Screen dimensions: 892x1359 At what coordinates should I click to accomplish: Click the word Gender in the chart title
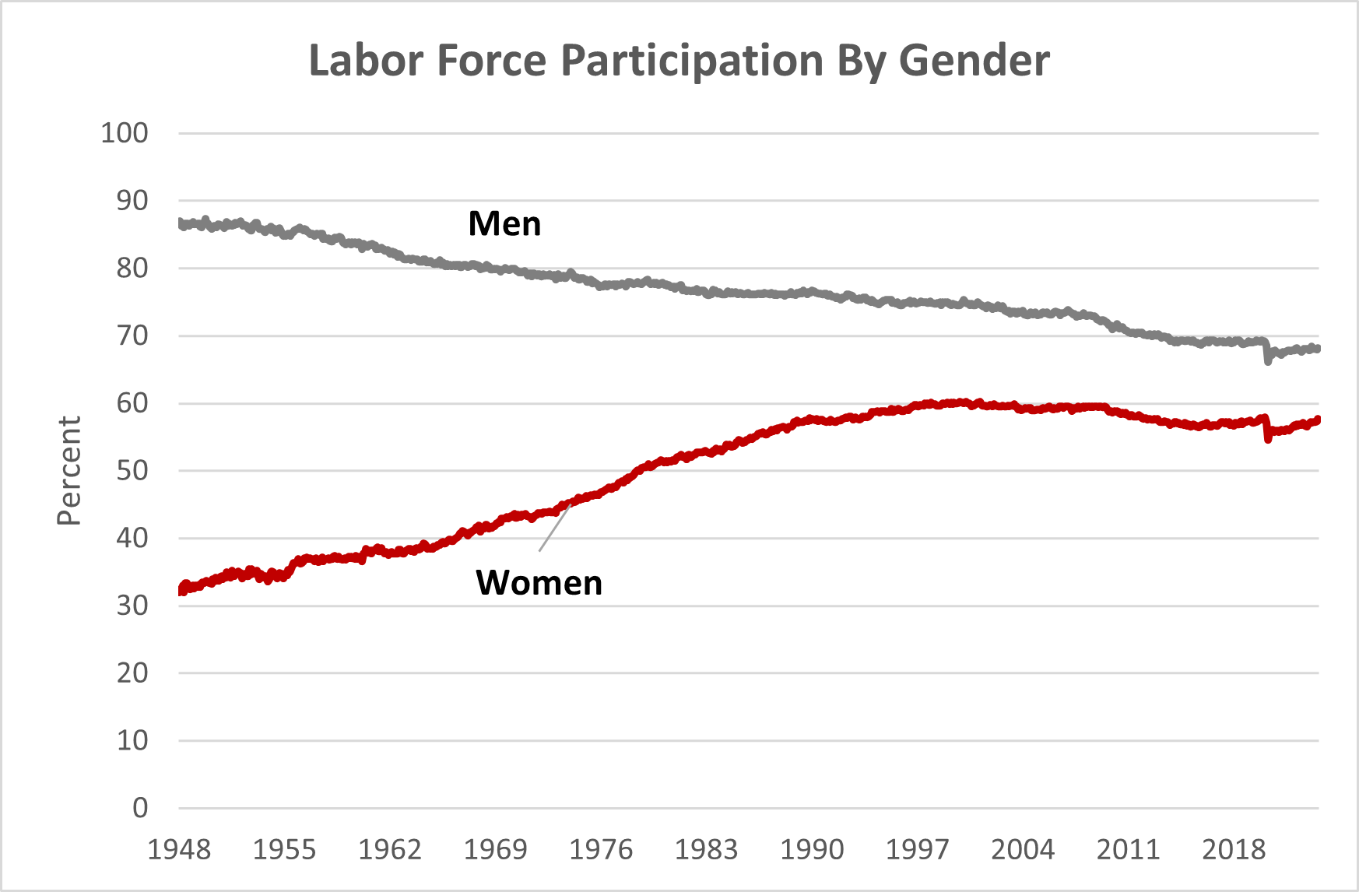tap(974, 61)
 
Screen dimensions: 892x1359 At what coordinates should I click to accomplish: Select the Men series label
tap(504, 224)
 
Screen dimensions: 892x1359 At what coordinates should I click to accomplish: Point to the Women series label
tap(539, 583)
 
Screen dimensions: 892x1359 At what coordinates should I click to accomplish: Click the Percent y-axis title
tap(69, 471)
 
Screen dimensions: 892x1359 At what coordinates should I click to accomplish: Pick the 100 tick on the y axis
tap(125, 133)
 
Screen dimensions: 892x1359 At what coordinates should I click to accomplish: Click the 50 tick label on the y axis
tap(132, 471)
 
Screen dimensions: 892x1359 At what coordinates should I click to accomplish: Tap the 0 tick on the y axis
tap(140, 808)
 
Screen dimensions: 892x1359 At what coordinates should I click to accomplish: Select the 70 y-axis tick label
tap(132, 336)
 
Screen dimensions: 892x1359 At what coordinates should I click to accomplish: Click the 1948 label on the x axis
tap(179, 849)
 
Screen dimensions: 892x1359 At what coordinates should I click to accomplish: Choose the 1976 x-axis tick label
tap(601, 849)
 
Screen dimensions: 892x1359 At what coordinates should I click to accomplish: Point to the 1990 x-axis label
tap(812, 849)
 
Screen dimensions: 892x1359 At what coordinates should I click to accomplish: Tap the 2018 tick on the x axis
tap(1234, 849)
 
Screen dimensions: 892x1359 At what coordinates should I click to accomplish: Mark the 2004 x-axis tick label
tap(1023, 849)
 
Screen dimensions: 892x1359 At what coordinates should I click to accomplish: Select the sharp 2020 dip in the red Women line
tap(1268, 438)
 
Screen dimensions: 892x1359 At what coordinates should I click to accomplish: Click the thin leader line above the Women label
tap(554, 529)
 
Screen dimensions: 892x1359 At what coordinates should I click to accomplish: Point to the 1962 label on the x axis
tap(390, 849)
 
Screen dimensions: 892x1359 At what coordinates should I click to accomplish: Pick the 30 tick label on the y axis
tap(132, 606)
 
